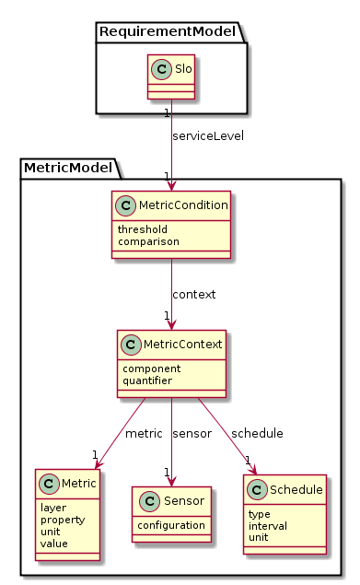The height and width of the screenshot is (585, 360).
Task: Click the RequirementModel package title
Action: (168, 32)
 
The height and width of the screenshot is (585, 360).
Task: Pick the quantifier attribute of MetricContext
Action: (149, 379)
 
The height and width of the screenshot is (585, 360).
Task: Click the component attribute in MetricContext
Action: (151, 367)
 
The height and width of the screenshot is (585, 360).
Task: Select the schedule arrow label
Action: (258, 433)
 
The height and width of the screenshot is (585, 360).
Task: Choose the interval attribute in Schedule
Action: (268, 525)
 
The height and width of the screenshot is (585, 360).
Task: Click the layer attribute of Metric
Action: (55, 506)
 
